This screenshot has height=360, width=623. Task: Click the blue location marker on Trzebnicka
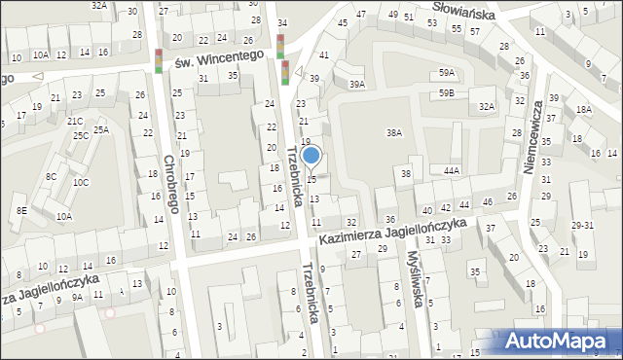pos(311,154)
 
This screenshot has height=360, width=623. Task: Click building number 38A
pos(393,132)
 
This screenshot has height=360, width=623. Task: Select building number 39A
pos(357,85)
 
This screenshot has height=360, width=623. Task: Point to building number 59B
pos(446,92)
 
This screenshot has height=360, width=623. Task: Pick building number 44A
pos(451,170)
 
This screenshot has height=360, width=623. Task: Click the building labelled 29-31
pos(583,225)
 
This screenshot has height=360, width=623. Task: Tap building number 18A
pos(582,110)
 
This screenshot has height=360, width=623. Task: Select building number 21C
pos(75,121)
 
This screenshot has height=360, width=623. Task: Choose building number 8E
pos(20,210)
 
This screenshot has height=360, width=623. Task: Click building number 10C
pos(81,182)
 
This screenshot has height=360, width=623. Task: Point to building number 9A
pos(76,298)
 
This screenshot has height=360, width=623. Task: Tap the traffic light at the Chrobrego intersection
pos(160,60)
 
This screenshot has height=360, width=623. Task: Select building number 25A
pos(101,129)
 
